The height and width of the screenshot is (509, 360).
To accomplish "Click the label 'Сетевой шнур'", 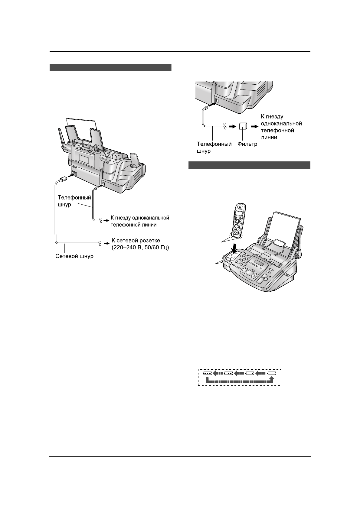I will click(74, 256).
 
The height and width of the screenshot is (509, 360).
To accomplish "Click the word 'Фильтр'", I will click(247, 144).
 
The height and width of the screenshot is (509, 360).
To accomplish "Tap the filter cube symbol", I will click(243, 127).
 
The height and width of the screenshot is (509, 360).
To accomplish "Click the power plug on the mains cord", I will click(63, 179).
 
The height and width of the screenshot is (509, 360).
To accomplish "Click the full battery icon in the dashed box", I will click(207, 373).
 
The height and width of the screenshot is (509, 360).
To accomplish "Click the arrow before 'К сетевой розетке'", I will click(106, 243).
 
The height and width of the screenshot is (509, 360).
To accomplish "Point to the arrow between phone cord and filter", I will click(232, 127).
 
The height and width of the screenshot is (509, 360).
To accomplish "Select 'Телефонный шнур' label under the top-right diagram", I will click(214, 147).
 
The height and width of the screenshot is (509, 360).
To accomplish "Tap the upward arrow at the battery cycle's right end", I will click(272, 379).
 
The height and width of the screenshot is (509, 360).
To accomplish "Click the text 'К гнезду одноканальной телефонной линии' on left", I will click(139, 221).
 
